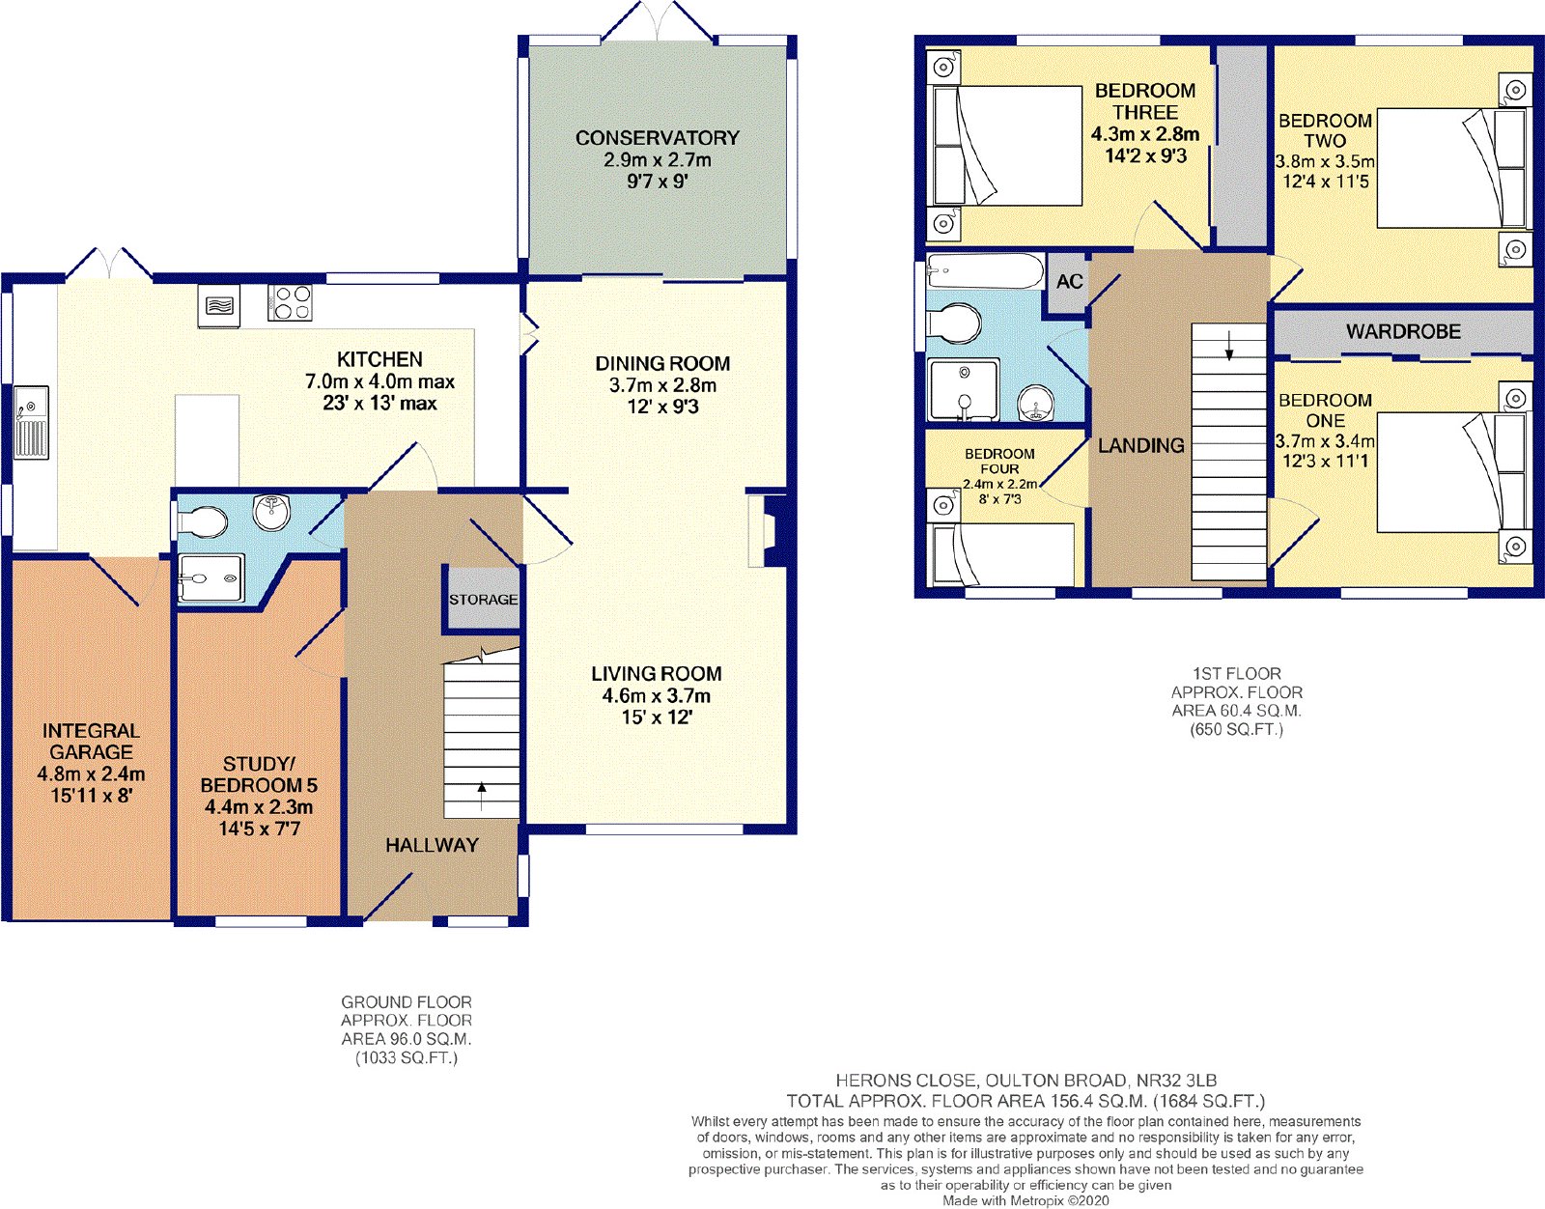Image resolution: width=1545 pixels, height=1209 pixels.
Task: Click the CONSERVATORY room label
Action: coord(657,138)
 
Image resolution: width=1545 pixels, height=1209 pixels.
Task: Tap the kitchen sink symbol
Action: coord(31,422)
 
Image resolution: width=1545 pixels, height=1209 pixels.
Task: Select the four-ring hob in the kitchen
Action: coord(290,302)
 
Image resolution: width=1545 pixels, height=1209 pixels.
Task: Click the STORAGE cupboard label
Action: coord(483,599)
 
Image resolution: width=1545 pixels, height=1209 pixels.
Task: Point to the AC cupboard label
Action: coord(1069,281)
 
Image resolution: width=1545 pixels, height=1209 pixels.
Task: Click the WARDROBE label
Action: coord(1403,331)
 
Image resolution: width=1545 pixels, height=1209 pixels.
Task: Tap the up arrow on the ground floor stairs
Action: coord(482,796)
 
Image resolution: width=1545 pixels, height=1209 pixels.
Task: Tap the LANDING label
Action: coord(1141,445)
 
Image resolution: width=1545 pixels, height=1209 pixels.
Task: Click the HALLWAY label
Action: coord(432,845)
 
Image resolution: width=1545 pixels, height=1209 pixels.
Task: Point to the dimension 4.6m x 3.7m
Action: coord(657,696)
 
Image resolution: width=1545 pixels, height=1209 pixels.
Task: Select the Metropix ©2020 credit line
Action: coord(1025,1200)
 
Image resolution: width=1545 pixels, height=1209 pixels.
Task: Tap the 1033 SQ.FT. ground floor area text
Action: coord(407,1058)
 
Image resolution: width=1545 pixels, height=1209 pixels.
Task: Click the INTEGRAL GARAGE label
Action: coord(91,742)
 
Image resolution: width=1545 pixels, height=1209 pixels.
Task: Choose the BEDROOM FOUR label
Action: coord(999,462)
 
